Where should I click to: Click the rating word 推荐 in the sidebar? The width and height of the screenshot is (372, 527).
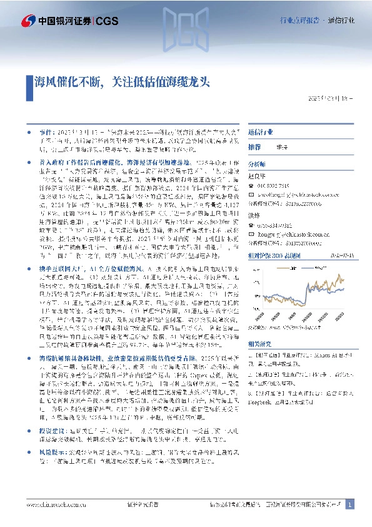tap(254, 146)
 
